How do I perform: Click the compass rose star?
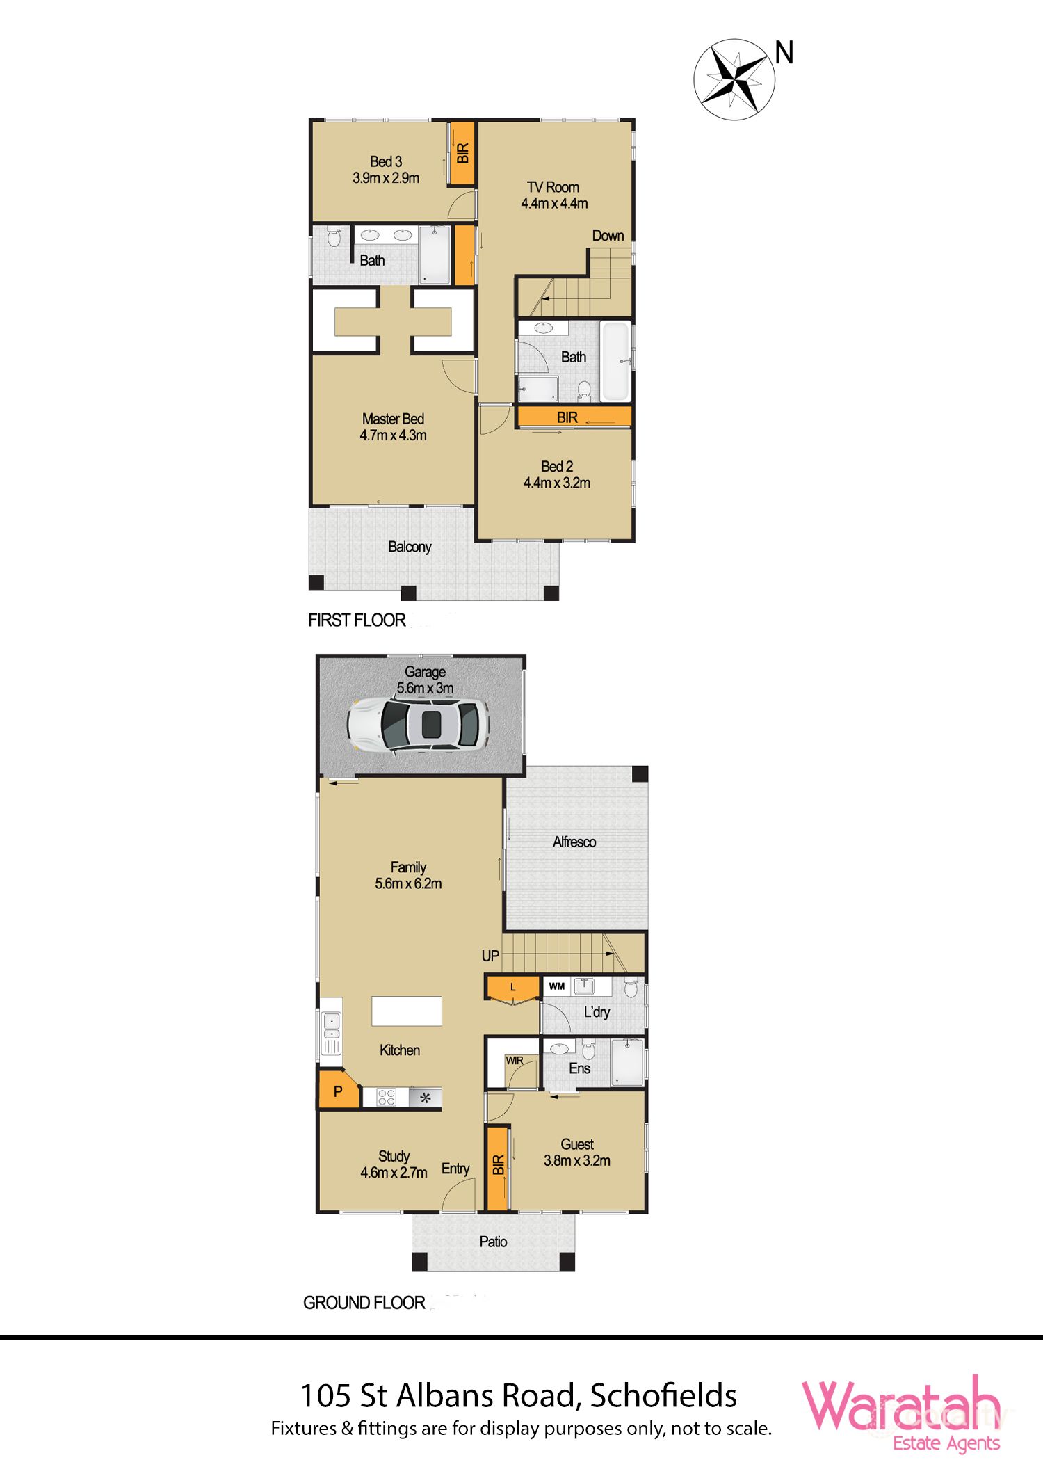pyautogui.click(x=734, y=79)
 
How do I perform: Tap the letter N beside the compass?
pyautogui.click(x=784, y=53)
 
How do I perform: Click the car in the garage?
pyautogui.click(x=418, y=724)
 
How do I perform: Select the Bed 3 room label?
pyautogui.click(x=386, y=170)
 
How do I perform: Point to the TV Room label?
pyautogui.click(x=554, y=195)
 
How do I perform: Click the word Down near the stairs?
pyautogui.click(x=608, y=236)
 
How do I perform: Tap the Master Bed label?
pyautogui.click(x=393, y=427)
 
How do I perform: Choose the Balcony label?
pyautogui.click(x=410, y=547)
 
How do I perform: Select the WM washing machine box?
pyautogui.click(x=557, y=986)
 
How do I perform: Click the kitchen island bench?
pyautogui.click(x=407, y=1011)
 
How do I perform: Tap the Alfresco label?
pyautogui.click(x=574, y=842)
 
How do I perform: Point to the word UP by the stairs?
pyautogui.click(x=490, y=956)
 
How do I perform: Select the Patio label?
pyautogui.click(x=493, y=1242)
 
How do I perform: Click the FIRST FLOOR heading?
pyautogui.click(x=357, y=620)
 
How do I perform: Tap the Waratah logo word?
pyautogui.click(x=901, y=1406)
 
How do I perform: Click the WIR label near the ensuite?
pyautogui.click(x=515, y=1061)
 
